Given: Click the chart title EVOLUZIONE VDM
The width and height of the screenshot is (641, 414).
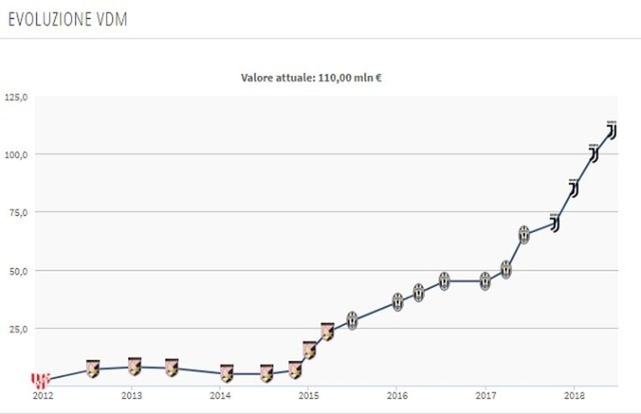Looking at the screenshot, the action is tap(68, 19).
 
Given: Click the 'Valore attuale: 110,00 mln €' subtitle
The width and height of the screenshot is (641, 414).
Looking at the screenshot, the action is tap(311, 78).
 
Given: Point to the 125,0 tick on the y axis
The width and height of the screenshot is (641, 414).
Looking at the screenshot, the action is tap(17, 98).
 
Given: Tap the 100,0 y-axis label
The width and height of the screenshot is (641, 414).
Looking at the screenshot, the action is tap(17, 154).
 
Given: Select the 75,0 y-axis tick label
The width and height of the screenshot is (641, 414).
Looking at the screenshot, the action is tap(19, 212).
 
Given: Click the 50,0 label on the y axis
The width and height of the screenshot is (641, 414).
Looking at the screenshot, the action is tap(19, 270).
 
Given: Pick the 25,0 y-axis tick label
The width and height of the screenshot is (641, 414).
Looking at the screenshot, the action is tap(19, 329).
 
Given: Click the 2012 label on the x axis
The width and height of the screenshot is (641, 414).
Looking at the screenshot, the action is tap(43, 395).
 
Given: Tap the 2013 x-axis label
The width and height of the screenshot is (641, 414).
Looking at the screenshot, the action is tap(131, 395).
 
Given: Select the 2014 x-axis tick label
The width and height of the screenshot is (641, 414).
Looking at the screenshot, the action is tap(220, 395).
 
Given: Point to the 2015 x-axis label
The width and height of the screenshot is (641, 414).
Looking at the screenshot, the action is tap(308, 395).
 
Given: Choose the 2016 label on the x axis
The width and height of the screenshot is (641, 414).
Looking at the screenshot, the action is tap(397, 395).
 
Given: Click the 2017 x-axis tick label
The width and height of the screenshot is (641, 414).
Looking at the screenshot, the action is tap(486, 395).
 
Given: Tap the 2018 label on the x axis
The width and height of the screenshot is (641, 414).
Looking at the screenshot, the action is tap(574, 395).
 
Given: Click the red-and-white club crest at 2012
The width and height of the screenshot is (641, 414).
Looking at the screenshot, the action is tap(40, 380).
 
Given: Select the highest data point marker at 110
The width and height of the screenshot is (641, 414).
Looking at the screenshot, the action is tap(612, 130).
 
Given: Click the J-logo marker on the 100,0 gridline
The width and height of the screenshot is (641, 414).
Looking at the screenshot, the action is tap(593, 154).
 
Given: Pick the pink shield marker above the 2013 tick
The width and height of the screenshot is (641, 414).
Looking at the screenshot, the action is tap(135, 366).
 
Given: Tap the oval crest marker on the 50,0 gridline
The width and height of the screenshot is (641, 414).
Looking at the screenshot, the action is tap(506, 270).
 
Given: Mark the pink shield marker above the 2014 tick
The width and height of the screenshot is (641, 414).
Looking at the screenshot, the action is tap(226, 373).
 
